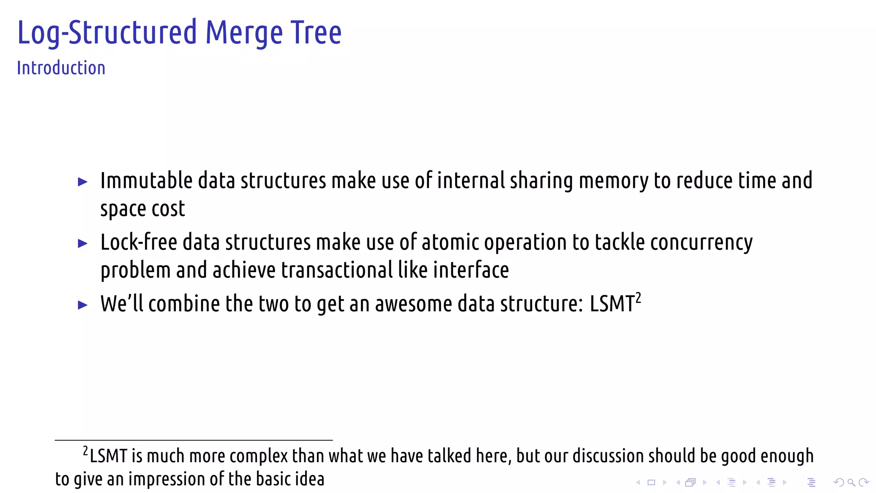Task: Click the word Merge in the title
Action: [244, 33]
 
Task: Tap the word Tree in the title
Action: [316, 33]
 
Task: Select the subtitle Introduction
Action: [61, 68]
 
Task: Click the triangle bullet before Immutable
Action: [83, 182]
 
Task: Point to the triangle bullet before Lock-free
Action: [83, 244]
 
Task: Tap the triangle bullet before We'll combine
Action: [83, 305]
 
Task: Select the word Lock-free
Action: [139, 242]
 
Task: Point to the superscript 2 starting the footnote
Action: [86, 451]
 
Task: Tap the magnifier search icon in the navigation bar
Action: [851, 483]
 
